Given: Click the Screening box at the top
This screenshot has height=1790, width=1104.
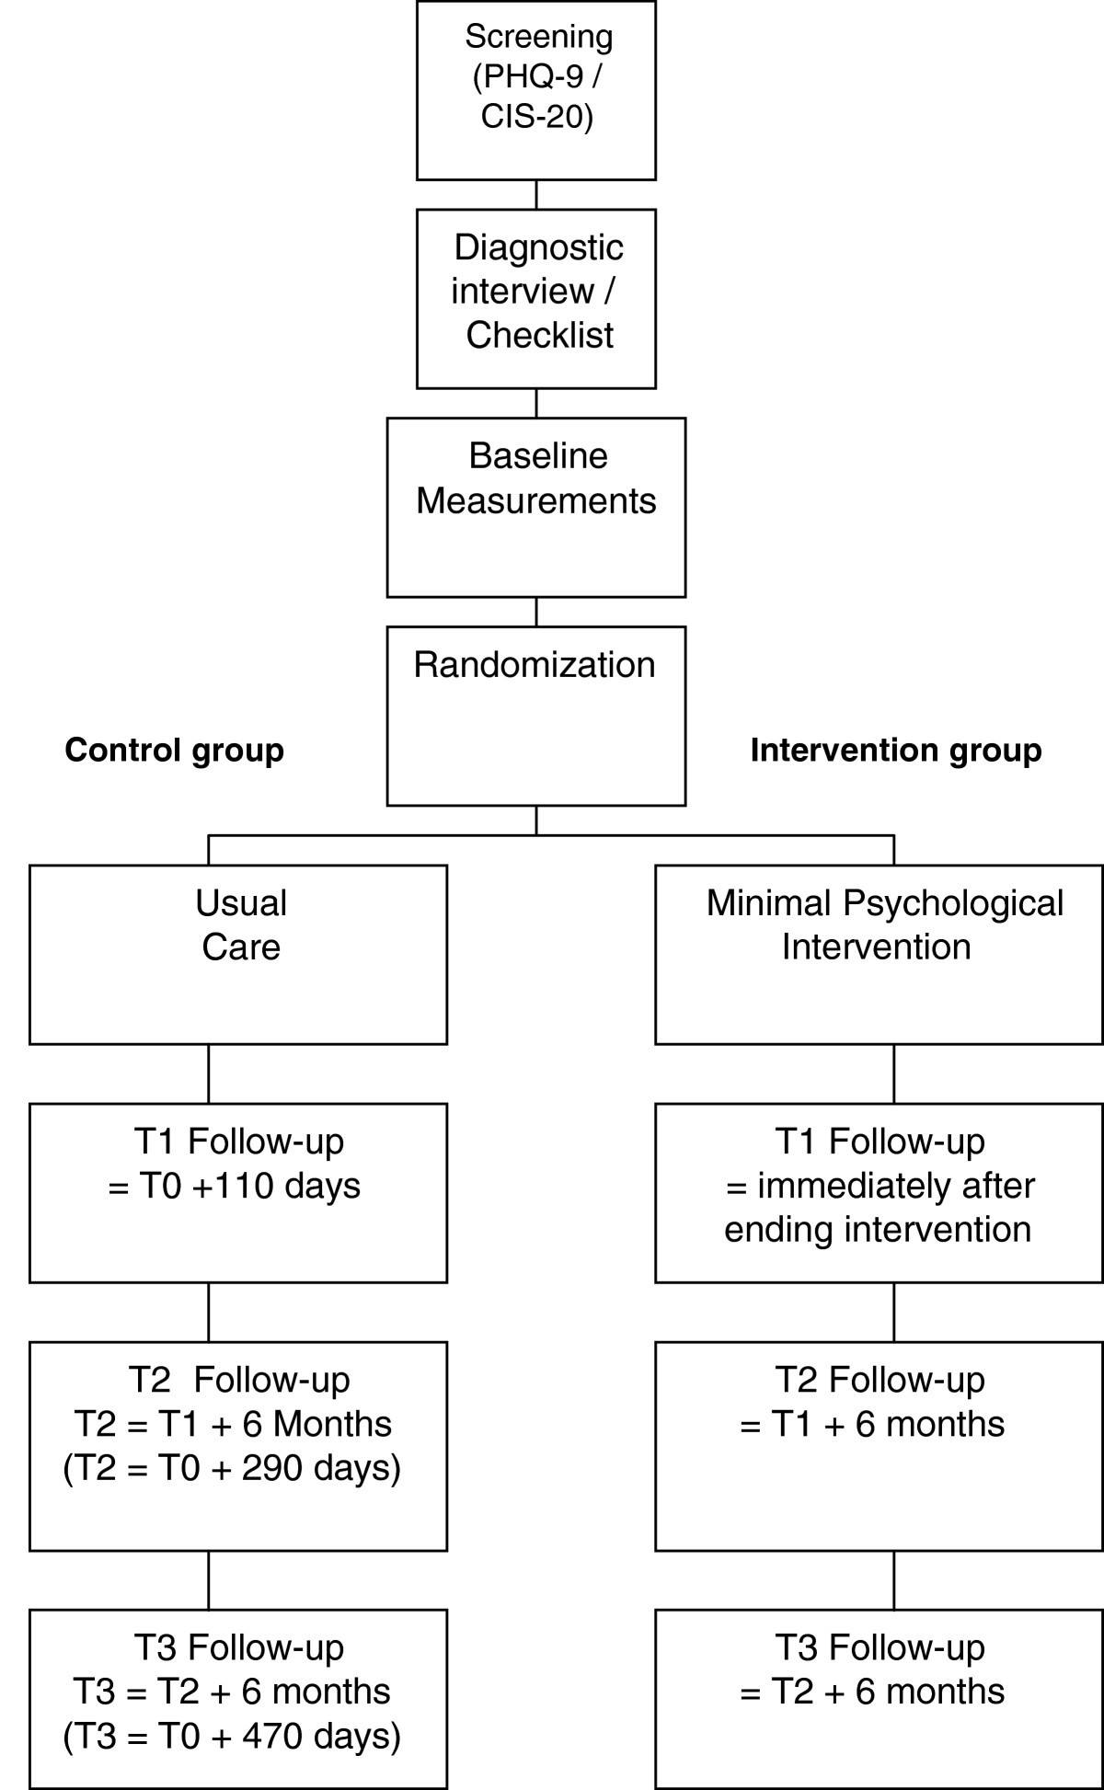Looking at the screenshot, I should (536, 90).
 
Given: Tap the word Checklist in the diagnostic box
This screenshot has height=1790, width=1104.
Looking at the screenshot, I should (539, 335).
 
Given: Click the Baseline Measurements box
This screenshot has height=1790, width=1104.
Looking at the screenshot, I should (536, 507).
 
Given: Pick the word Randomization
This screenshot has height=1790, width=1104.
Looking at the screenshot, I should (535, 665).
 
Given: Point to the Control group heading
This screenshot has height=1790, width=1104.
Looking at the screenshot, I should (175, 751).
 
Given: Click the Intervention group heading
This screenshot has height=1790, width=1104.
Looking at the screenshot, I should (895, 751).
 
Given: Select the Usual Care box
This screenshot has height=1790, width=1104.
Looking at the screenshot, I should (238, 954).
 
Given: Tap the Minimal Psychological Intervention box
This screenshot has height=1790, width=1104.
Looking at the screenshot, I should (879, 954).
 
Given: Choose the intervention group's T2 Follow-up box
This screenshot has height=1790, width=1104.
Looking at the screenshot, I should (879, 1445).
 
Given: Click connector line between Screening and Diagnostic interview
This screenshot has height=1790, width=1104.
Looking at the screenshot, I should (536, 194).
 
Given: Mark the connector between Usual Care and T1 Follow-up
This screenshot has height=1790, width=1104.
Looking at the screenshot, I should (209, 1073).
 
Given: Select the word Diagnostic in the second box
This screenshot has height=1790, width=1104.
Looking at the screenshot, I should (538, 247).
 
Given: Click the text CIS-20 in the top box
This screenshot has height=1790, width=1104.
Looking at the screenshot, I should (536, 119).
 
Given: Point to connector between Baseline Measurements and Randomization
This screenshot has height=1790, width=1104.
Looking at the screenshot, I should (536, 612).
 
